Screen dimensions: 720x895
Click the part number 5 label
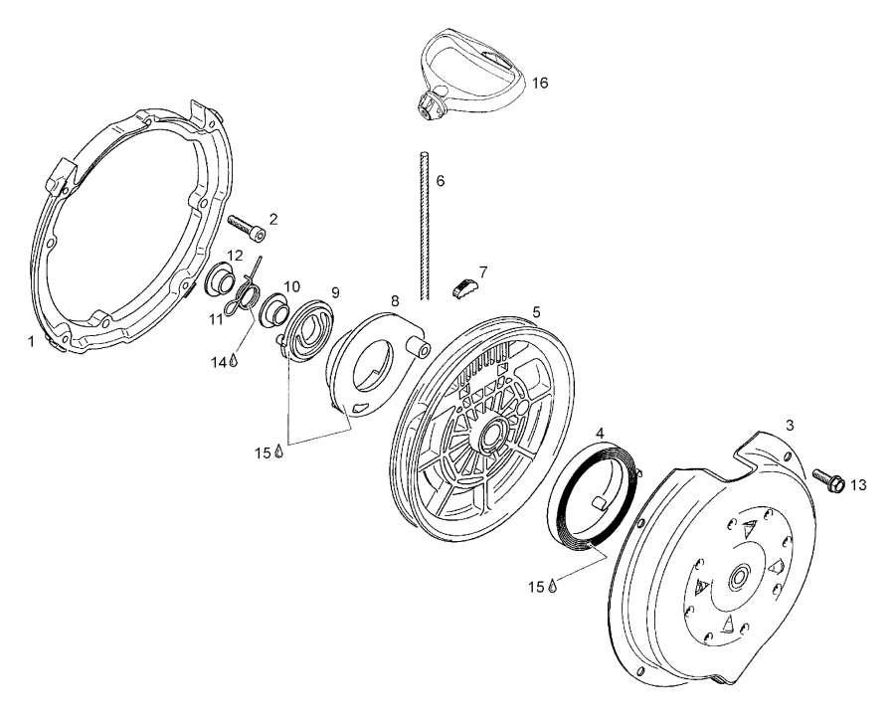pyautogui.click(x=536, y=311)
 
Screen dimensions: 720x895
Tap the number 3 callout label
pyautogui.click(x=790, y=426)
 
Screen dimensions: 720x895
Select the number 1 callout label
pyautogui.click(x=32, y=339)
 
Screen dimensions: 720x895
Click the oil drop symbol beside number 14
pyautogui.click(x=234, y=362)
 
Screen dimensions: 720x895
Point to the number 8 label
pyautogui.click(x=394, y=299)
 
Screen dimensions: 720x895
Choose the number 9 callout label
pyautogui.click(x=335, y=292)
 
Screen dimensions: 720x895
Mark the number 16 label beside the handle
pyautogui.click(x=539, y=83)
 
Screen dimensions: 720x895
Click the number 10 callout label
pyautogui.click(x=291, y=286)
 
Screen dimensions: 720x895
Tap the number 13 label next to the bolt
pyautogui.click(x=858, y=485)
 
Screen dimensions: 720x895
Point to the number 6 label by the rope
pyautogui.click(x=440, y=181)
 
